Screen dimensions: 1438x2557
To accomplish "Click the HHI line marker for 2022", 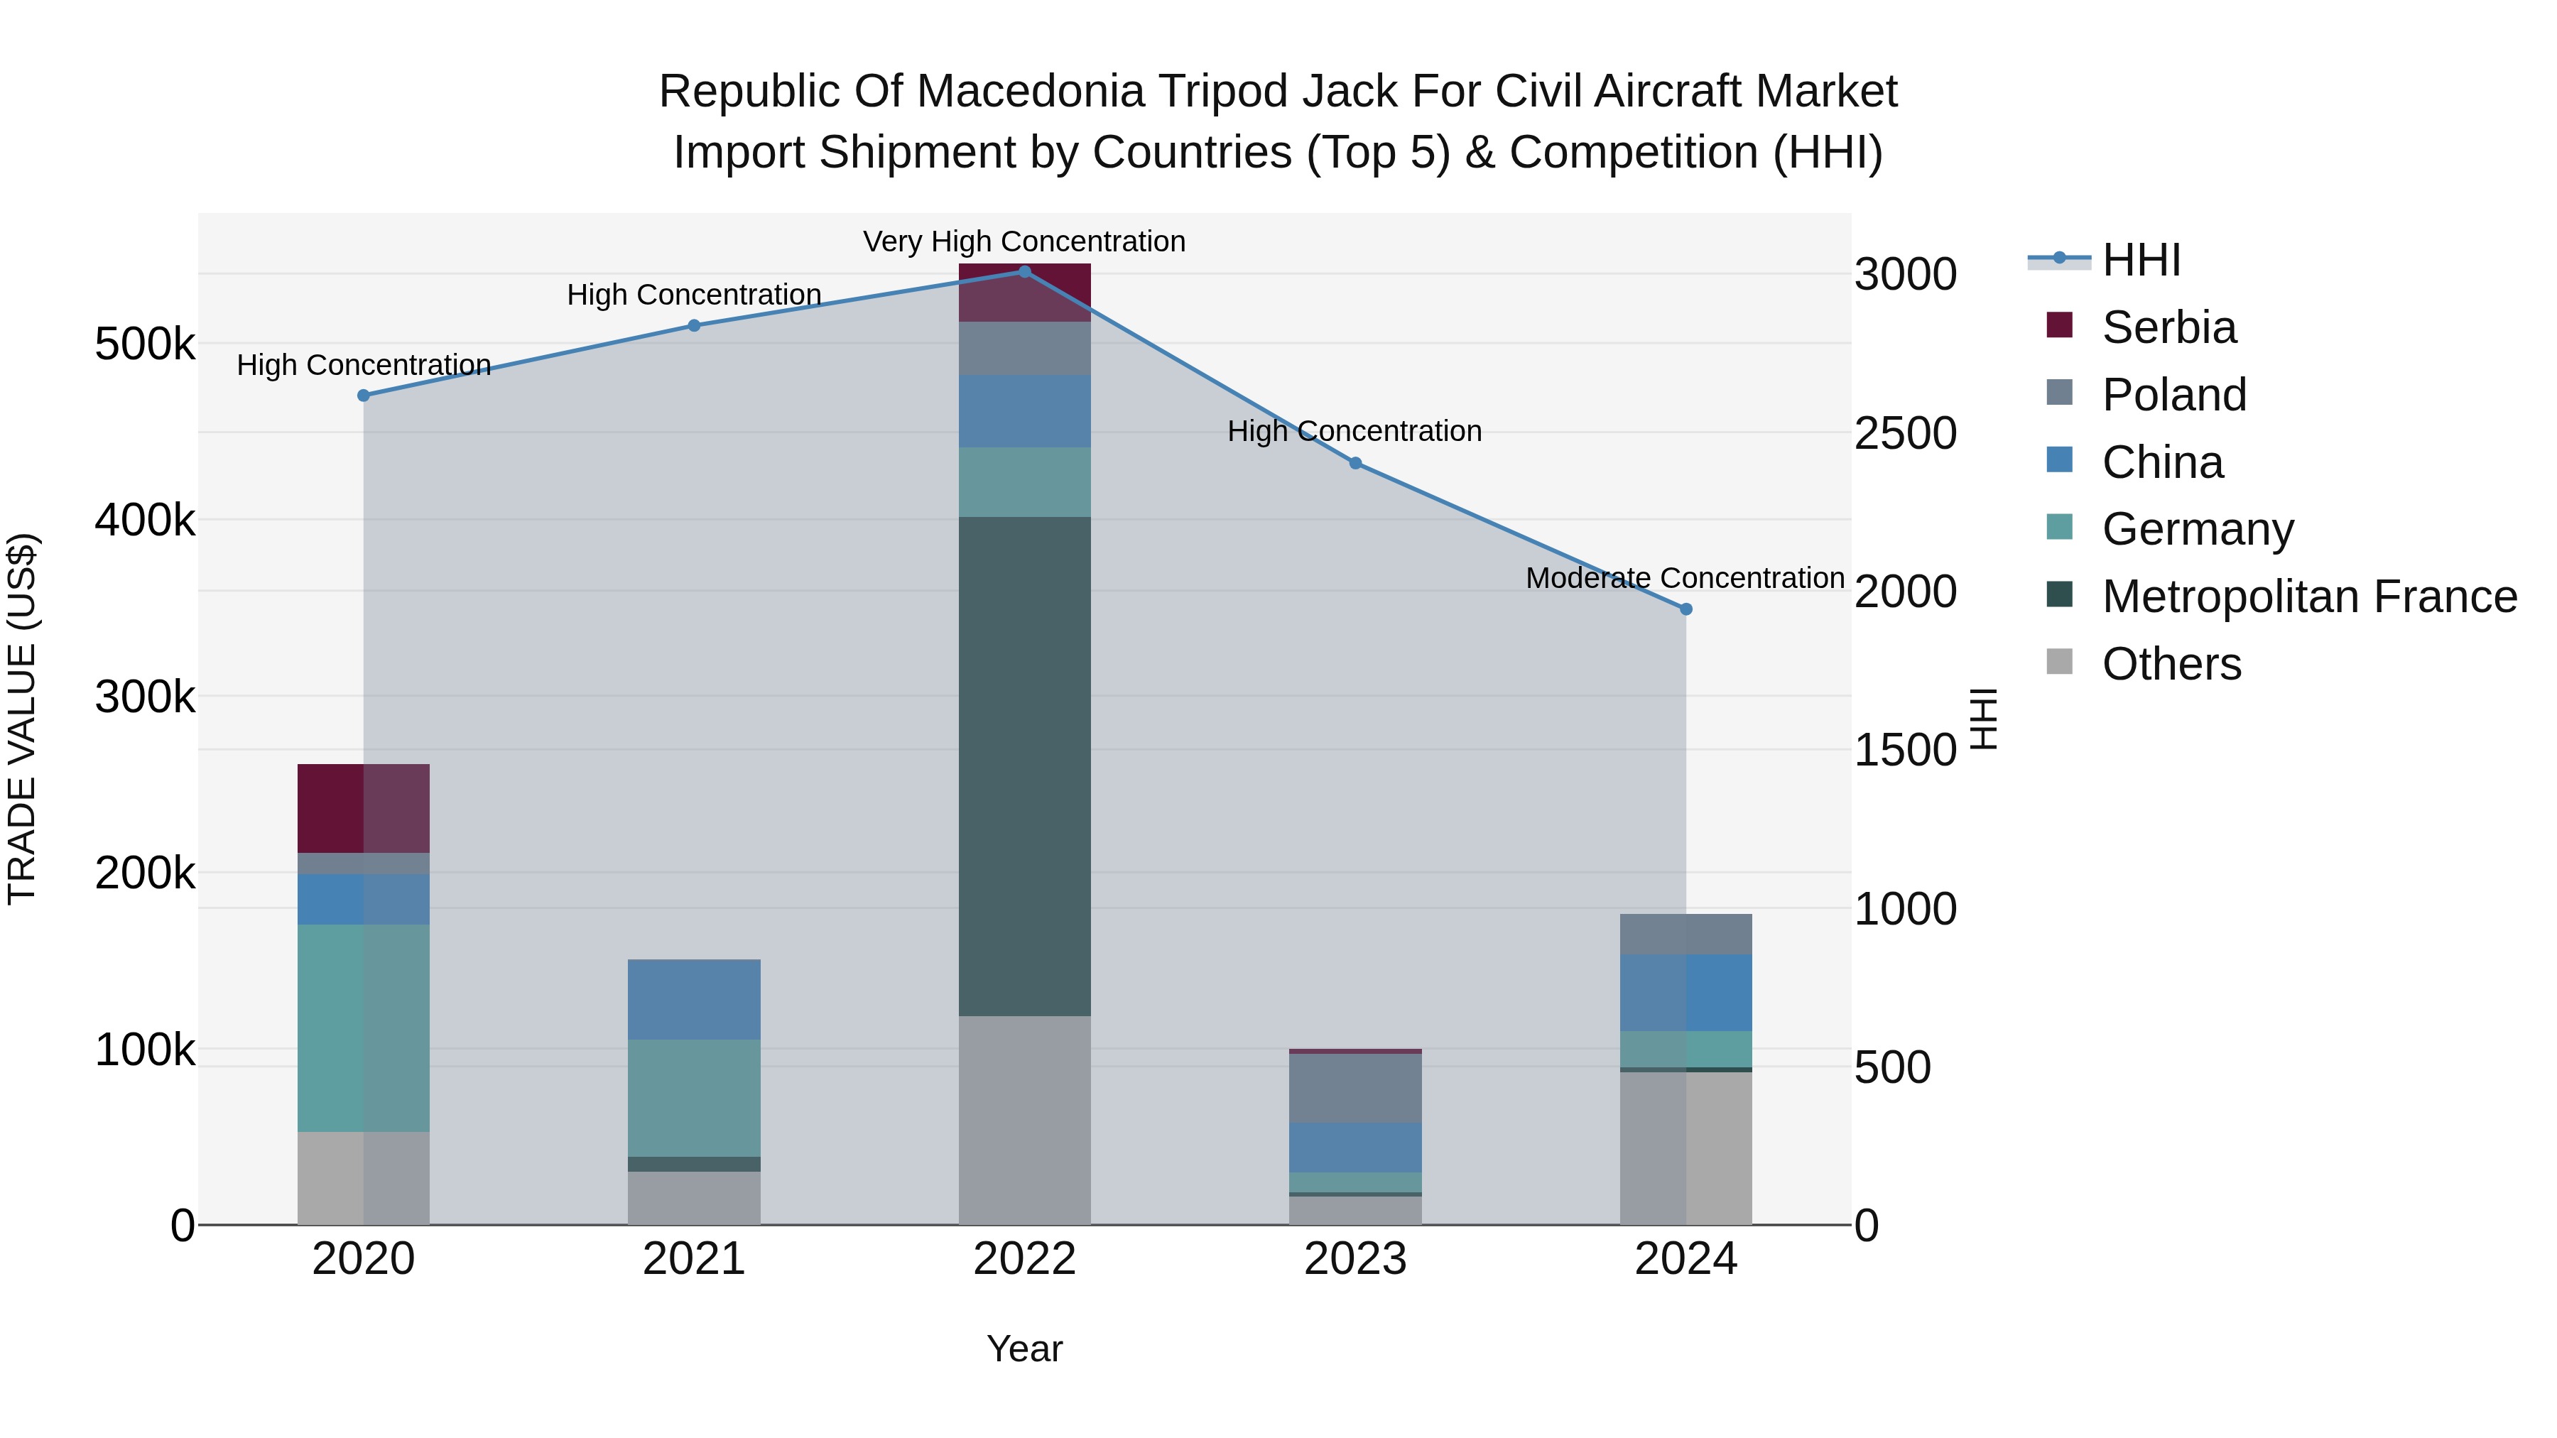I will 1024,271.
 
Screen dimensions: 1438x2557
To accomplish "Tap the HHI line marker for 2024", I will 1685,609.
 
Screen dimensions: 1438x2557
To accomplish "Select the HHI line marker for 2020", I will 363,395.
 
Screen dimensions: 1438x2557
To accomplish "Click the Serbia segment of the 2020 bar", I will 363,808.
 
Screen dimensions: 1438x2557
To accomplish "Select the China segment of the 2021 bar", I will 694,998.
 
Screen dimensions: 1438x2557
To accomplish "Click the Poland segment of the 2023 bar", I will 1355,1088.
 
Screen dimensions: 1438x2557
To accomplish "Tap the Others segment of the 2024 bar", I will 1685,1148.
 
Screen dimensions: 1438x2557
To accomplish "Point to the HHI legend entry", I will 2140,260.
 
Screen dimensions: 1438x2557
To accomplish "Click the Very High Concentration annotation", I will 1024,241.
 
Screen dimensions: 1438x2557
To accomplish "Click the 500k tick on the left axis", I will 145,344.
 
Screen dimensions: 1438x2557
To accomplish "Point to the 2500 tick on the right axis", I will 1905,434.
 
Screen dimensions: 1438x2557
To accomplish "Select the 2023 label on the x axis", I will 1355,1259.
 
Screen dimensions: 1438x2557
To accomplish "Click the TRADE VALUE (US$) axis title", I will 22,719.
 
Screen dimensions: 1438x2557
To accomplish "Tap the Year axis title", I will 1024,1349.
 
